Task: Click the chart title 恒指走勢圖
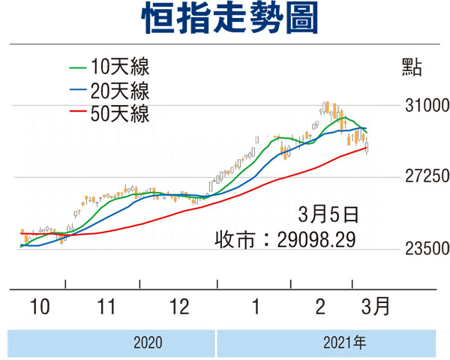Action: pos(229,18)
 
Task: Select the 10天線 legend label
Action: pos(120,67)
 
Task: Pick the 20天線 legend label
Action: pos(120,91)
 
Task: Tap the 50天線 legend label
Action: pos(120,114)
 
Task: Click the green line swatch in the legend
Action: pos(78,68)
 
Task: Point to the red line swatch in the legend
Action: pos(78,111)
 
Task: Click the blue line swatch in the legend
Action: pos(78,89)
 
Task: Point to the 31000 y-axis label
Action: pos(427,105)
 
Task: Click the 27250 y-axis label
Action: pos(427,176)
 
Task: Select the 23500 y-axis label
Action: pos(427,248)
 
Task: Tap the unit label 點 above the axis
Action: pos(412,67)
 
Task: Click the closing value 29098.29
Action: pos(316,239)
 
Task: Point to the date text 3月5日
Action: pos(328,214)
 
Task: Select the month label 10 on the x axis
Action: pos(40,307)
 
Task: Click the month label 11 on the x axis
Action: pos(106,307)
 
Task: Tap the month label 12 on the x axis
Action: pos(179,307)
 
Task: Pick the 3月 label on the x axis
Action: pos(376,306)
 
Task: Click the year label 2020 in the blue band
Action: pos(148,343)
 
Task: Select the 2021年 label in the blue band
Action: pos(345,343)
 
